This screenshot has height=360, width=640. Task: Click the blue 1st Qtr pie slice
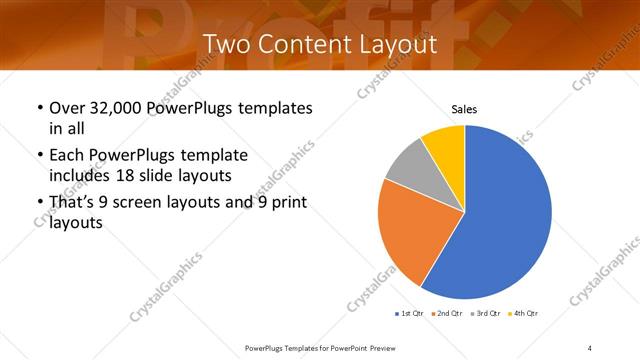point(500,215)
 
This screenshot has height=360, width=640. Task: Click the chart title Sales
point(465,109)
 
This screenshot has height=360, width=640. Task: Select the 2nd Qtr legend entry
point(447,314)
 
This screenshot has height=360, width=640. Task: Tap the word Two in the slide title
point(227,44)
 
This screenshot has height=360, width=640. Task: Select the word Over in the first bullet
point(66,108)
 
